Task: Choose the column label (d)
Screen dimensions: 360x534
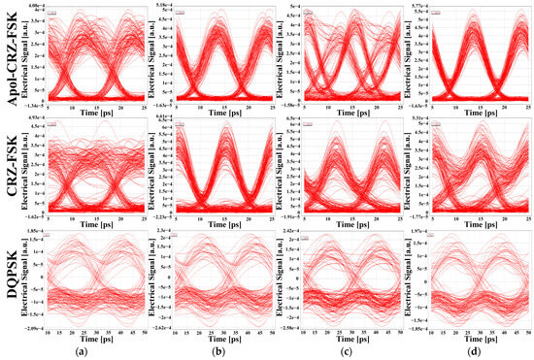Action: pos(474,351)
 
